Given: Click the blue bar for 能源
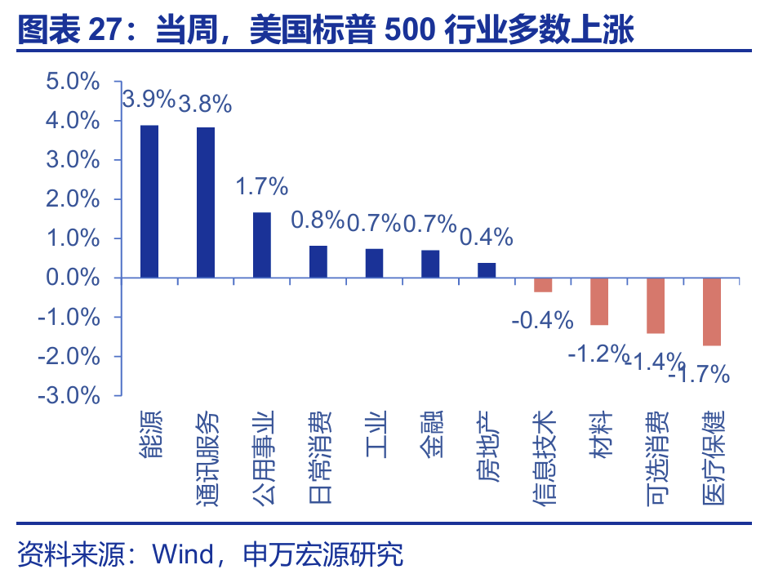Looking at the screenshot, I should (149, 202).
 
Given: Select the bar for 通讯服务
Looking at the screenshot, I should (206, 202).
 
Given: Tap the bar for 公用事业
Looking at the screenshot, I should (262, 245).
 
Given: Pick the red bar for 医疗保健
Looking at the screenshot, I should (712, 311).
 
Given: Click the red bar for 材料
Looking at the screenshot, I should (599, 301).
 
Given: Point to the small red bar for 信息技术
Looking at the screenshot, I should (543, 285).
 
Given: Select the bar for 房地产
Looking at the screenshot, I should (487, 270).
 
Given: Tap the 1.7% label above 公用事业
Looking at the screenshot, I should (262, 186).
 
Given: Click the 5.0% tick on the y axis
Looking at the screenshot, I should (73, 82).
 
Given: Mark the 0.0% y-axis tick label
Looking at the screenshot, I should (73, 278).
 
